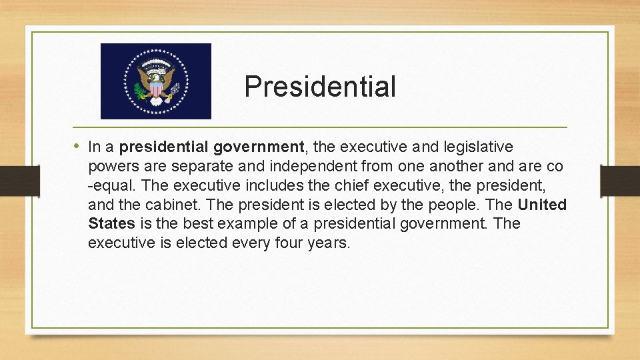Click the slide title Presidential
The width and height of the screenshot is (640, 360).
pos(320,87)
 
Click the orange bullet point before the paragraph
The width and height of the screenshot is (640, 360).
pos(77,146)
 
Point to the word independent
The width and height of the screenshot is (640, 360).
pos(306,166)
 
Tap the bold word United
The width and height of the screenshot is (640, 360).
pos(542,205)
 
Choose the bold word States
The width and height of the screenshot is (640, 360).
pos(111,224)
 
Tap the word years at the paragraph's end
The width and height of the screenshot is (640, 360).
pos(329,243)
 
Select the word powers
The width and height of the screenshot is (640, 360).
pos(111,166)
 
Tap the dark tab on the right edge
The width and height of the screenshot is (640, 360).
pos(621,181)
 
